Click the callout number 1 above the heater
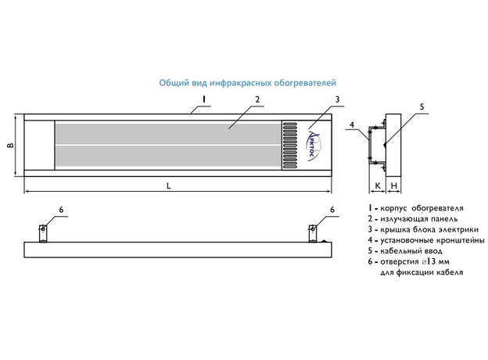203,99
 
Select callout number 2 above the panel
257,101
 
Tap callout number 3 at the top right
336,99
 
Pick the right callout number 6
332,210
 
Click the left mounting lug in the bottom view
43,232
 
